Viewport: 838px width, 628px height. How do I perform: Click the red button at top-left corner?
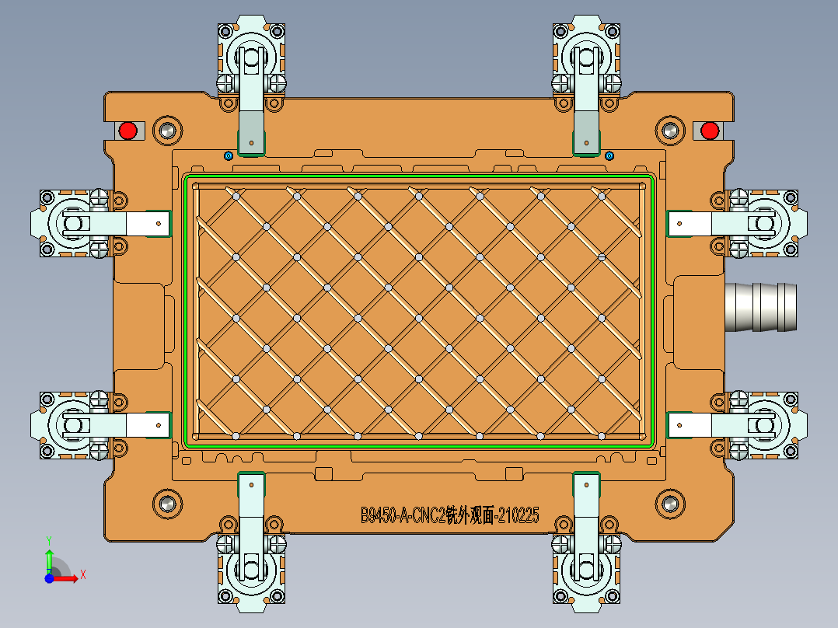(127, 130)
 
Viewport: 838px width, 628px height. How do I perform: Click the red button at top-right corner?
(709, 130)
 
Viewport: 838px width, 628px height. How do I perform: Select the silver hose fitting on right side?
(760, 307)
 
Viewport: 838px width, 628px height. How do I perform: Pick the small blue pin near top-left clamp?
(228, 155)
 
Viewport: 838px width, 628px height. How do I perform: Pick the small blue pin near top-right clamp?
(609, 155)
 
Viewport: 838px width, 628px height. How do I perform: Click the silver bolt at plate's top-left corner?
(167, 130)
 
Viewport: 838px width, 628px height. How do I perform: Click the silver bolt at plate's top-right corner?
(669, 130)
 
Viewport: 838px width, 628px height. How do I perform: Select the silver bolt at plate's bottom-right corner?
(669, 503)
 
